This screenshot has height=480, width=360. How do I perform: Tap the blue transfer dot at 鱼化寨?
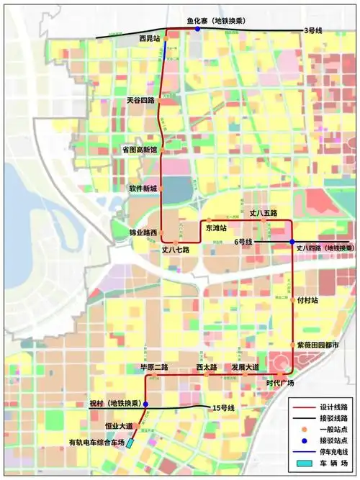coord(197,30)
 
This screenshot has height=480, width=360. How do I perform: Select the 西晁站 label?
coord(149,36)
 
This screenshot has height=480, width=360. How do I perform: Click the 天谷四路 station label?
coord(141,101)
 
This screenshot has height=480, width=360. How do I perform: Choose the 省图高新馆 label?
coord(139,150)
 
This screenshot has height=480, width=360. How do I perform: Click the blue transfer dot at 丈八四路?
coord(292,242)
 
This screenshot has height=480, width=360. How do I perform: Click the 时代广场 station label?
coord(280,382)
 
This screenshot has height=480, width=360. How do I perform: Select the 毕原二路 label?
coord(154,367)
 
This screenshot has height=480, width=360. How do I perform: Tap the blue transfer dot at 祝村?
coord(145,405)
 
